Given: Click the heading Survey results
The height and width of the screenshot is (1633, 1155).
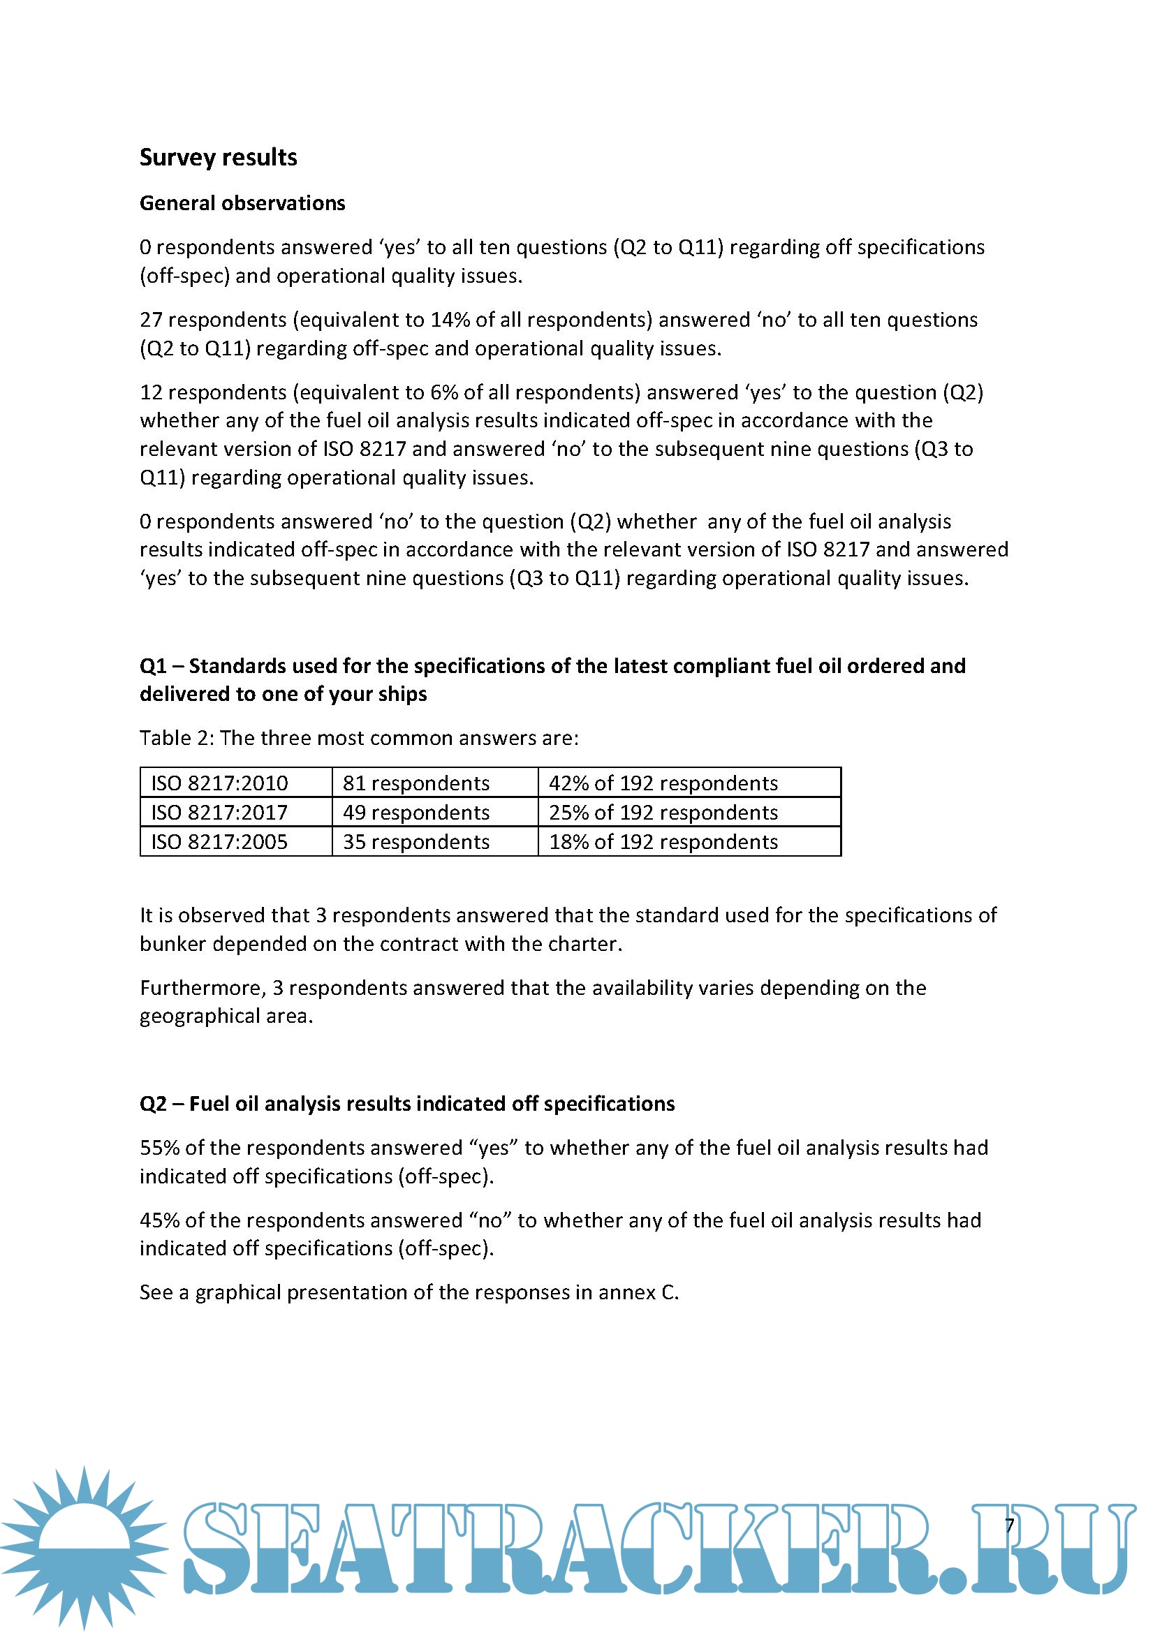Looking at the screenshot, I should coord(219,157).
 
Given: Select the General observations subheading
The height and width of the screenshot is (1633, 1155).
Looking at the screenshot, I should coord(242,203).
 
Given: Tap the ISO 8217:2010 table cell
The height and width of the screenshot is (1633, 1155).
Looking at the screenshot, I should coord(220,783).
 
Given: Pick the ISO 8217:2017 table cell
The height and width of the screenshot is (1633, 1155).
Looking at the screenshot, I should coord(220,812).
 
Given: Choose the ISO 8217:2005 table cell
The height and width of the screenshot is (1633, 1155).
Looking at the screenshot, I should coord(220,842).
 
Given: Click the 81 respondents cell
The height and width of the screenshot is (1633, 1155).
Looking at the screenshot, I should coord(416,783).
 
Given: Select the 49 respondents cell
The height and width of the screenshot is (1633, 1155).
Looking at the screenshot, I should coord(416,812).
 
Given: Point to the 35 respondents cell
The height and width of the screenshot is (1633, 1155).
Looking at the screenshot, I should coord(416,842).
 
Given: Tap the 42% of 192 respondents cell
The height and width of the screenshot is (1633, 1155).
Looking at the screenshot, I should coord(663,783).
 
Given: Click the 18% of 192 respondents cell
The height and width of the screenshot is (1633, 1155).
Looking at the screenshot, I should coord(663,842).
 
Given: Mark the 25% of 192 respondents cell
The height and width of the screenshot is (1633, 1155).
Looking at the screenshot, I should coord(663,812).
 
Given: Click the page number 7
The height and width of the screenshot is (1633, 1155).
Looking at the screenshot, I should coord(1009,1525).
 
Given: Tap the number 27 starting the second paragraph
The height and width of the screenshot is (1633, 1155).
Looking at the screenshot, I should coord(151,320).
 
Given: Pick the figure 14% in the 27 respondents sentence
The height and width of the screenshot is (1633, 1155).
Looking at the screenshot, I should coord(450,320).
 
